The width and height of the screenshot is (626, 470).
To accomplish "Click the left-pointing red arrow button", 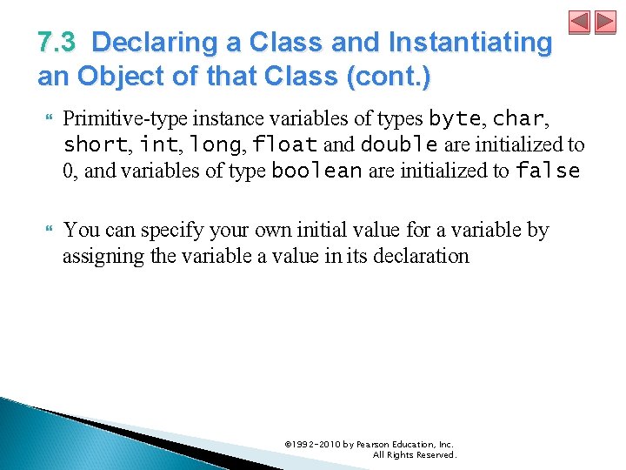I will coord(580,23).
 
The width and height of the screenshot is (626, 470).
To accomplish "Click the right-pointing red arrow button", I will coord(605,23).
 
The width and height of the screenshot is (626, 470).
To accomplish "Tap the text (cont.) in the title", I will coord(388,77).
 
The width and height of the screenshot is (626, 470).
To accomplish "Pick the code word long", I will coord(212,144).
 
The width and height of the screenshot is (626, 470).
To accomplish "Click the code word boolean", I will coord(316,171).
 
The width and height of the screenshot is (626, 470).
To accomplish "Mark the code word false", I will coord(548,171).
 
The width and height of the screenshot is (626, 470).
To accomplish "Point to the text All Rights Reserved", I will coord(414,454).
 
